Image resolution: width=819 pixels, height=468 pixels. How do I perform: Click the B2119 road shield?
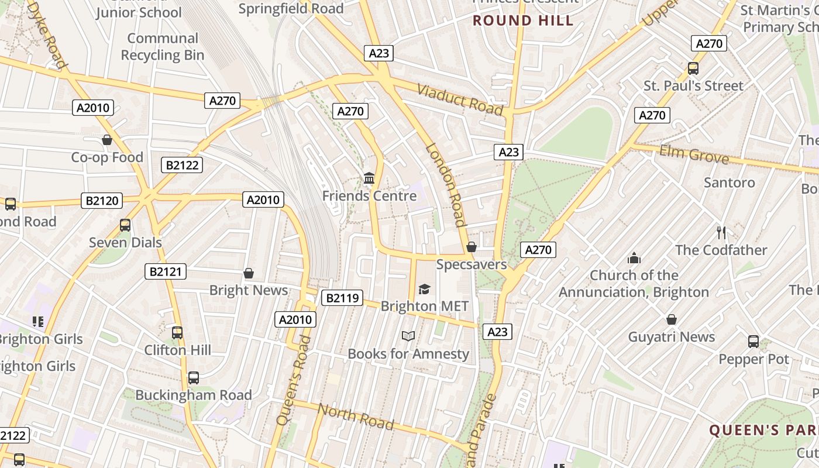coord(342,298)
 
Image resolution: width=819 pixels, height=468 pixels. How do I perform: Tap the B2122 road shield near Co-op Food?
coord(182,165)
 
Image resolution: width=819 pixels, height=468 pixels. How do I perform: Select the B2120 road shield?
coord(102,201)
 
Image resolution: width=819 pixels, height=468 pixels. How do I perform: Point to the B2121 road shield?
coord(166,271)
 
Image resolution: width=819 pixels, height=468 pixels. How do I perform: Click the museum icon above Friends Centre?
coord(369,178)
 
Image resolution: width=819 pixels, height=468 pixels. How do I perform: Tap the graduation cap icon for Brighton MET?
coord(424,289)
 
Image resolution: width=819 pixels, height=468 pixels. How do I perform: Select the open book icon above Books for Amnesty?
coord(408,336)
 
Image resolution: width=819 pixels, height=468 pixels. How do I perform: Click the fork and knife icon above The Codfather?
coord(721,233)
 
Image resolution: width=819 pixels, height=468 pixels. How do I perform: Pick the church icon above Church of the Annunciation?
coord(634,258)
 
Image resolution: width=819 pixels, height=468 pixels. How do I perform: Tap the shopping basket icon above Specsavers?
coord(472,247)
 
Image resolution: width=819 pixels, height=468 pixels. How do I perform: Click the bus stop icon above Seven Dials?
coord(125,225)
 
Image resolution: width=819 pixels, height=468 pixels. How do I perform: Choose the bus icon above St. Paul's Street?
coord(693,68)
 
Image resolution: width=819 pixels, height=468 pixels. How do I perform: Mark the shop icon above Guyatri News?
coord(672,320)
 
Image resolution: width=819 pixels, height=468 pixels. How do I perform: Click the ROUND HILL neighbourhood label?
coord(523,20)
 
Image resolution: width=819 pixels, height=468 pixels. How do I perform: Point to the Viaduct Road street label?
coord(460,99)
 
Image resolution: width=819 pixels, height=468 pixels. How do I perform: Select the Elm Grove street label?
coord(694,154)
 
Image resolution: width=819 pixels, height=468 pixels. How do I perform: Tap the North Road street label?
coord(355,417)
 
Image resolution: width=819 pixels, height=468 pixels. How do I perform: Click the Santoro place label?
coord(729,183)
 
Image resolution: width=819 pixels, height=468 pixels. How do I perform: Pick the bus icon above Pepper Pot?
coord(753,342)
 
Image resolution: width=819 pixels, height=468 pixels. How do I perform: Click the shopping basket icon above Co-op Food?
coord(106,140)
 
